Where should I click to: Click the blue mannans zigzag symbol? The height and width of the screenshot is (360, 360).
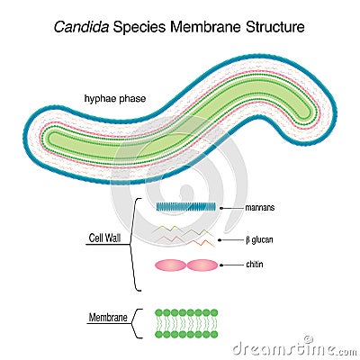(185, 206)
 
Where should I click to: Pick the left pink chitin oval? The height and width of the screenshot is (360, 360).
(171, 265)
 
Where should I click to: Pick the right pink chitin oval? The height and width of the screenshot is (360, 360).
(202, 265)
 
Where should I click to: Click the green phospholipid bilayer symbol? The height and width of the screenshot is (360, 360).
(186, 323)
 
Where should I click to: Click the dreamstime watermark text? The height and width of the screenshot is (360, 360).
(292, 347)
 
